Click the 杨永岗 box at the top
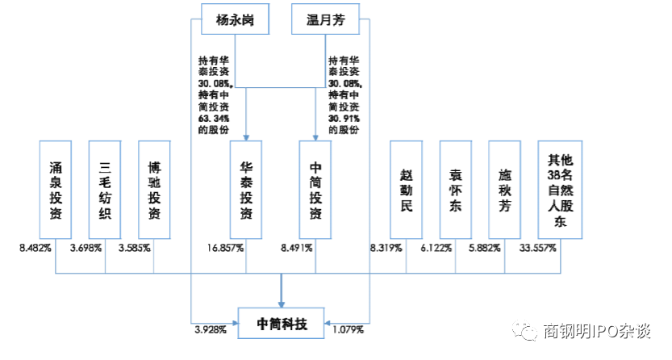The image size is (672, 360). (x=235, y=19)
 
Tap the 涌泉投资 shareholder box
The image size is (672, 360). (x=56, y=190)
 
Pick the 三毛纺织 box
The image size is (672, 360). (x=105, y=190)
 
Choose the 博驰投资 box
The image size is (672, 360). (x=154, y=190)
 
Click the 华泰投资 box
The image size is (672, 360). (x=246, y=190)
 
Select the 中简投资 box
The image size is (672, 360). (x=315, y=190)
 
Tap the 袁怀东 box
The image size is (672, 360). (x=456, y=190)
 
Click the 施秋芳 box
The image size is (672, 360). (x=506, y=190)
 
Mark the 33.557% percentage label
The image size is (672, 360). (x=538, y=248)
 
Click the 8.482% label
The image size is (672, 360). (x=35, y=248)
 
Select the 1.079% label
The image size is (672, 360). (x=349, y=329)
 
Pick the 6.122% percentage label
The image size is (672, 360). (x=436, y=248)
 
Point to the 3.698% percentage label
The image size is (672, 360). (x=86, y=248)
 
